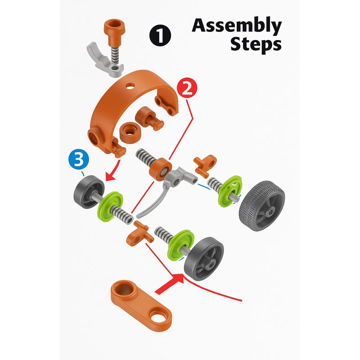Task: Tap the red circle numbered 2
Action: click(x=187, y=88)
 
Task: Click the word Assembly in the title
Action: click(x=237, y=27)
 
